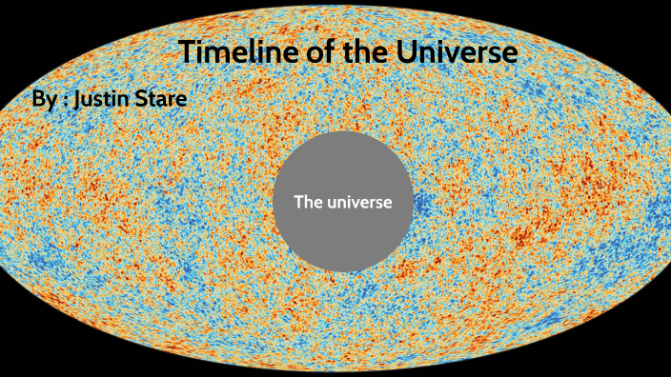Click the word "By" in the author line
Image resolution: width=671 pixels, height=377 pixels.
click(x=44, y=100)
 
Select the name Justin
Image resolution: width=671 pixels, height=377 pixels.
click(x=106, y=99)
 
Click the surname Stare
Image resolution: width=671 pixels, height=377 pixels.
click(x=163, y=99)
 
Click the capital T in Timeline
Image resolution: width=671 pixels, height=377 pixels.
click(x=187, y=52)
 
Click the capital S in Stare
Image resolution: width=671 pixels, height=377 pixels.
click(x=144, y=99)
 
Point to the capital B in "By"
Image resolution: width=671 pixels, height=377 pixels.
click(x=39, y=99)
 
